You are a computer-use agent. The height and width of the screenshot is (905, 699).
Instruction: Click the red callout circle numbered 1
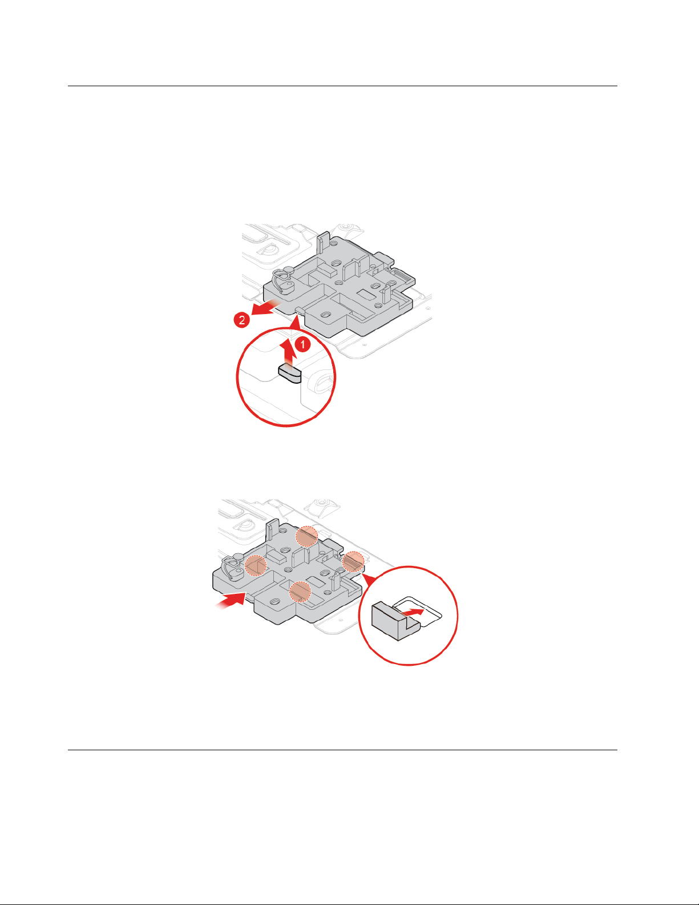(x=302, y=344)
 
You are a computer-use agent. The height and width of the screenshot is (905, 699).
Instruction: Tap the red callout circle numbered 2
(x=241, y=321)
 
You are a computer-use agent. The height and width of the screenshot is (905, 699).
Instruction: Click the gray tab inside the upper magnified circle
(x=290, y=373)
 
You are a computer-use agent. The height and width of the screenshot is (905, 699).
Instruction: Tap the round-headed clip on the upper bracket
(x=283, y=279)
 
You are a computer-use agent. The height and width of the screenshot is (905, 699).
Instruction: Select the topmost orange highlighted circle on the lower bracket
(x=306, y=536)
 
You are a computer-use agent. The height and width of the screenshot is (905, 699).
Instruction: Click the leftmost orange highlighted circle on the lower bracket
(x=256, y=566)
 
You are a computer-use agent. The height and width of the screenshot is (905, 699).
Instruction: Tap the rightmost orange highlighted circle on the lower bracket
(x=353, y=562)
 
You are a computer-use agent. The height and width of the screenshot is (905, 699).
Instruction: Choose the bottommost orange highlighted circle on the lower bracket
(x=300, y=592)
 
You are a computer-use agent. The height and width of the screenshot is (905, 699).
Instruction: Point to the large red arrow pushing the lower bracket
(x=231, y=601)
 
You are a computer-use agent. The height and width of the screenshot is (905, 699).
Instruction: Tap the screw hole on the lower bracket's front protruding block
(x=275, y=602)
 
